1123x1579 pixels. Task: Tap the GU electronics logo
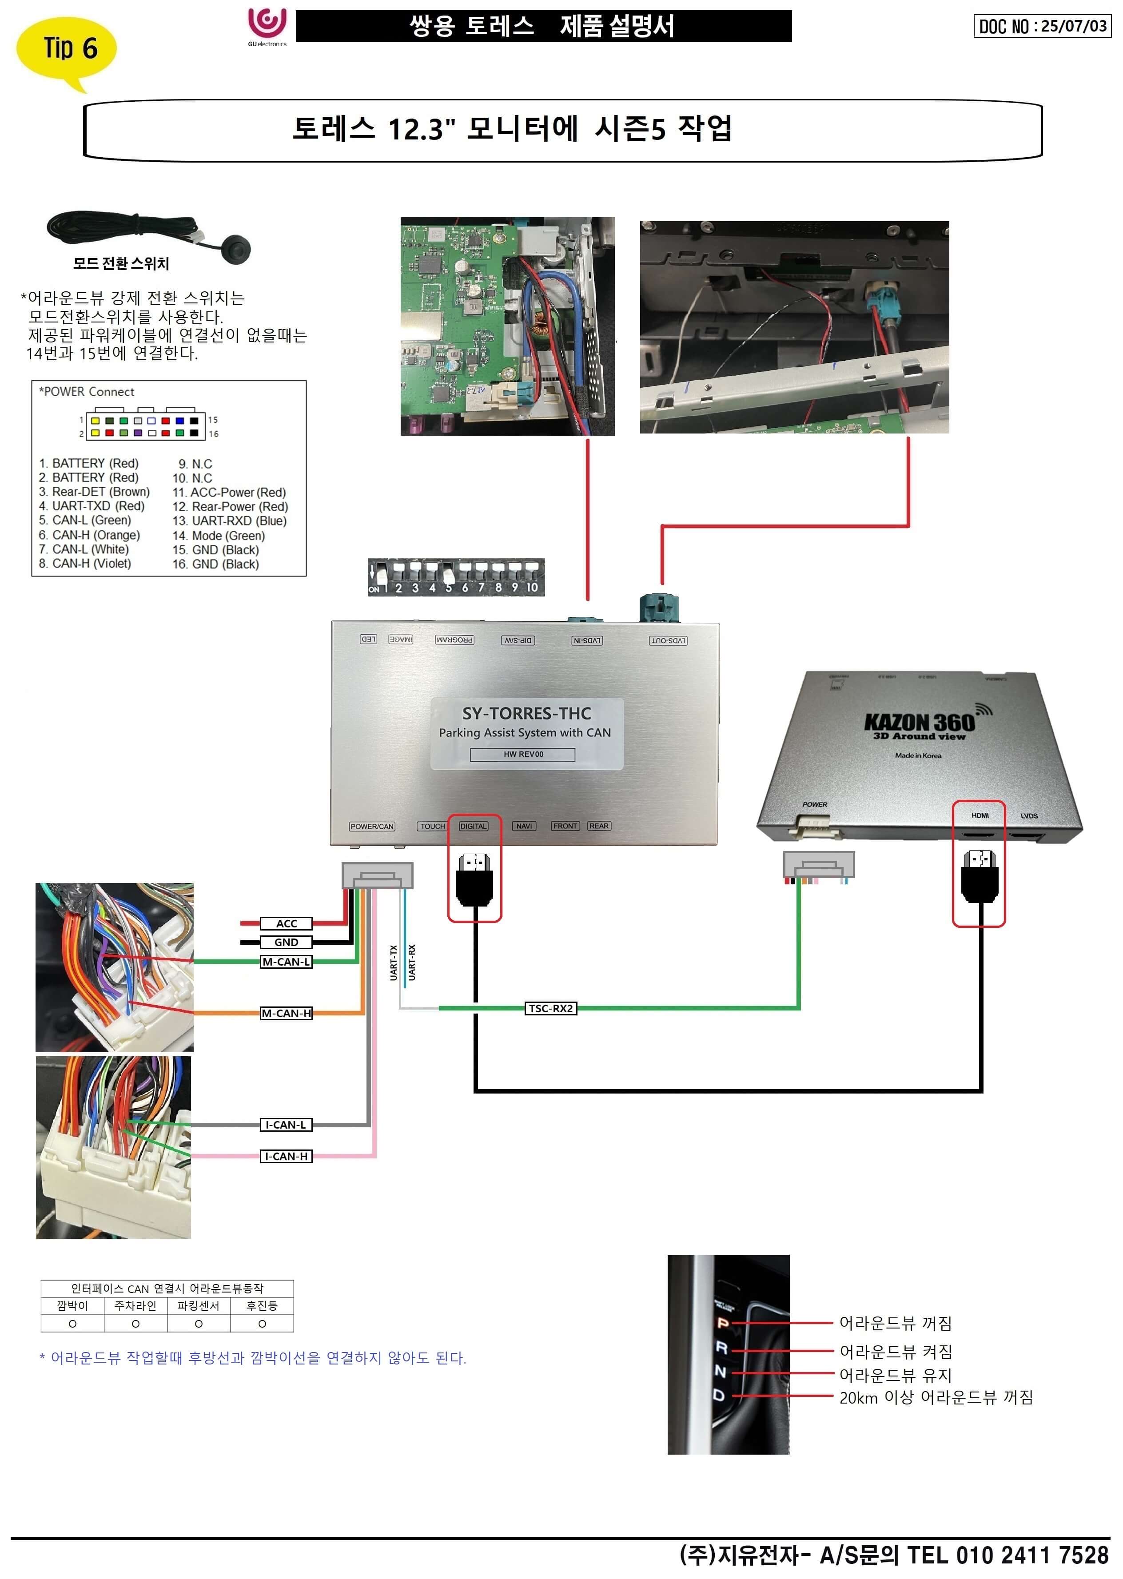(267, 26)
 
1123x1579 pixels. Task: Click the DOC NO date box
(1041, 26)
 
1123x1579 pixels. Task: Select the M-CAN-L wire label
(286, 962)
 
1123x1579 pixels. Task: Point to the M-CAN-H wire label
(286, 1014)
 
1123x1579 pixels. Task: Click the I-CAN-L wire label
(286, 1125)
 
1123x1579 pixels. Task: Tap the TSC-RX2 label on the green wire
(550, 1009)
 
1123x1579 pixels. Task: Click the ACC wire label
(286, 923)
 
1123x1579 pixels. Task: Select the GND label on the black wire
(286, 942)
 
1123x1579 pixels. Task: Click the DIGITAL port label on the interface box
(474, 826)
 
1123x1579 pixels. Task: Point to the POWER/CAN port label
(372, 826)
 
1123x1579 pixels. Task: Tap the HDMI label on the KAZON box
(980, 816)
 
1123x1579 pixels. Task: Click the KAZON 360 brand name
(920, 723)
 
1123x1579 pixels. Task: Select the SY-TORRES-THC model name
(526, 713)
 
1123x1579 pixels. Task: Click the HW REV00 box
(523, 754)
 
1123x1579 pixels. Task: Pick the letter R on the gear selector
(721, 1348)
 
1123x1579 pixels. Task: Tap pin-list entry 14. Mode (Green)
(219, 536)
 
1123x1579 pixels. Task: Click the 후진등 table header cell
(262, 1306)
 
